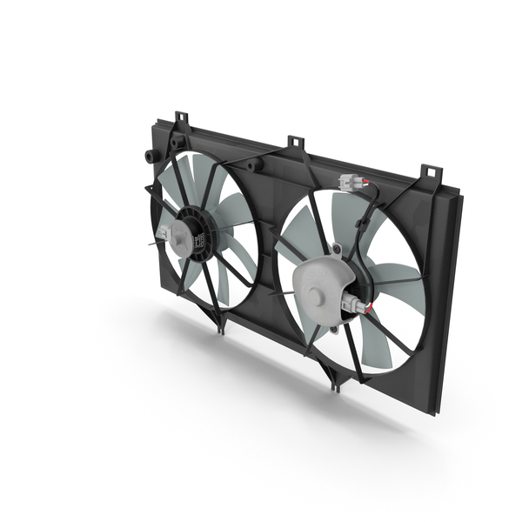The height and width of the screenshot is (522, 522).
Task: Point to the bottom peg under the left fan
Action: [219, 325]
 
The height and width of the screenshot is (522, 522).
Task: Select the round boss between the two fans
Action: [253, 164]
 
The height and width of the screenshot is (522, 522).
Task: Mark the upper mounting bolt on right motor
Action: [336, 251]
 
